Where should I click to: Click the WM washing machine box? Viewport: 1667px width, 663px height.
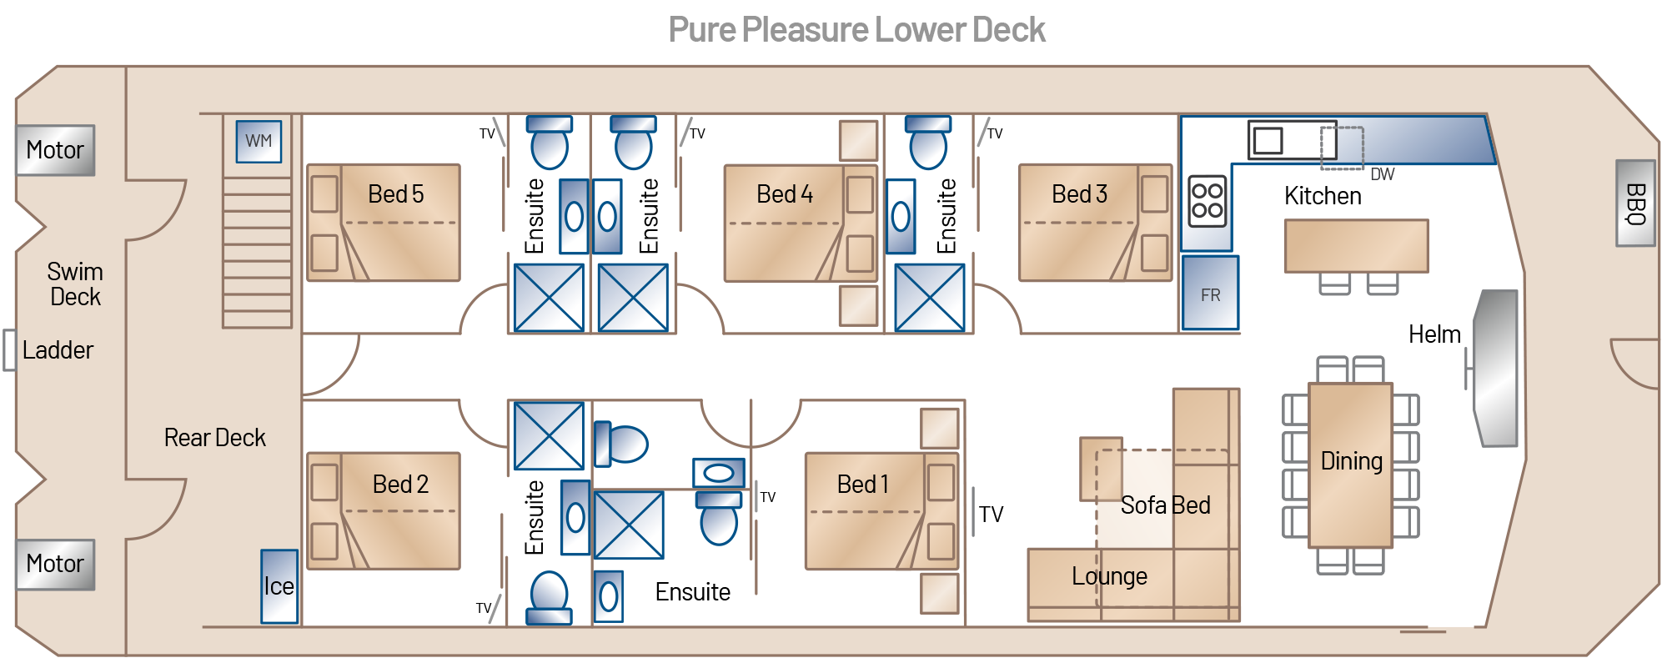259,141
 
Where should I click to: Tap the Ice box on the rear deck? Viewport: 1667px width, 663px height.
279,586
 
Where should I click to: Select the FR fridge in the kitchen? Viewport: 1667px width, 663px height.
1210,294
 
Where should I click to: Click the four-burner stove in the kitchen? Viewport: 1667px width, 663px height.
1208,200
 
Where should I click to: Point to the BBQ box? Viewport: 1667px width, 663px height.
1635,203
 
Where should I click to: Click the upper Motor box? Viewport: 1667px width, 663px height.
55,150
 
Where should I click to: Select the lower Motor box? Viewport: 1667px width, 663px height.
55,564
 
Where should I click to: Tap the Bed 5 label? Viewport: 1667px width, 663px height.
396,194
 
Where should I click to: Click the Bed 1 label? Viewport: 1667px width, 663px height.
862,485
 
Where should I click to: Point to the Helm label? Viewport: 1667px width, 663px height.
1434,334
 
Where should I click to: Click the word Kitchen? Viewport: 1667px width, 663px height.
1323,196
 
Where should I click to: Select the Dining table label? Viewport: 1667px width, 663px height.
1351,461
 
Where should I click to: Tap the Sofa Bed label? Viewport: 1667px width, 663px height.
1165,505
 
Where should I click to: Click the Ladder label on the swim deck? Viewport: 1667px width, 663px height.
58,350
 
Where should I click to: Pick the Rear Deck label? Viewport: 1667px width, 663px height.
214,438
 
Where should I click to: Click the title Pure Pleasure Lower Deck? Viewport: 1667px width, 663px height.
856,31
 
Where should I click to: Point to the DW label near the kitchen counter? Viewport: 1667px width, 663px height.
1382,174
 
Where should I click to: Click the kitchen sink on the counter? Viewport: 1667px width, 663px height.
1268,140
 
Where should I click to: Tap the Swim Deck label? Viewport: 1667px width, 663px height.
75,284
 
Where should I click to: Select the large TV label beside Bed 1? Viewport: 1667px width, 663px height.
991,515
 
